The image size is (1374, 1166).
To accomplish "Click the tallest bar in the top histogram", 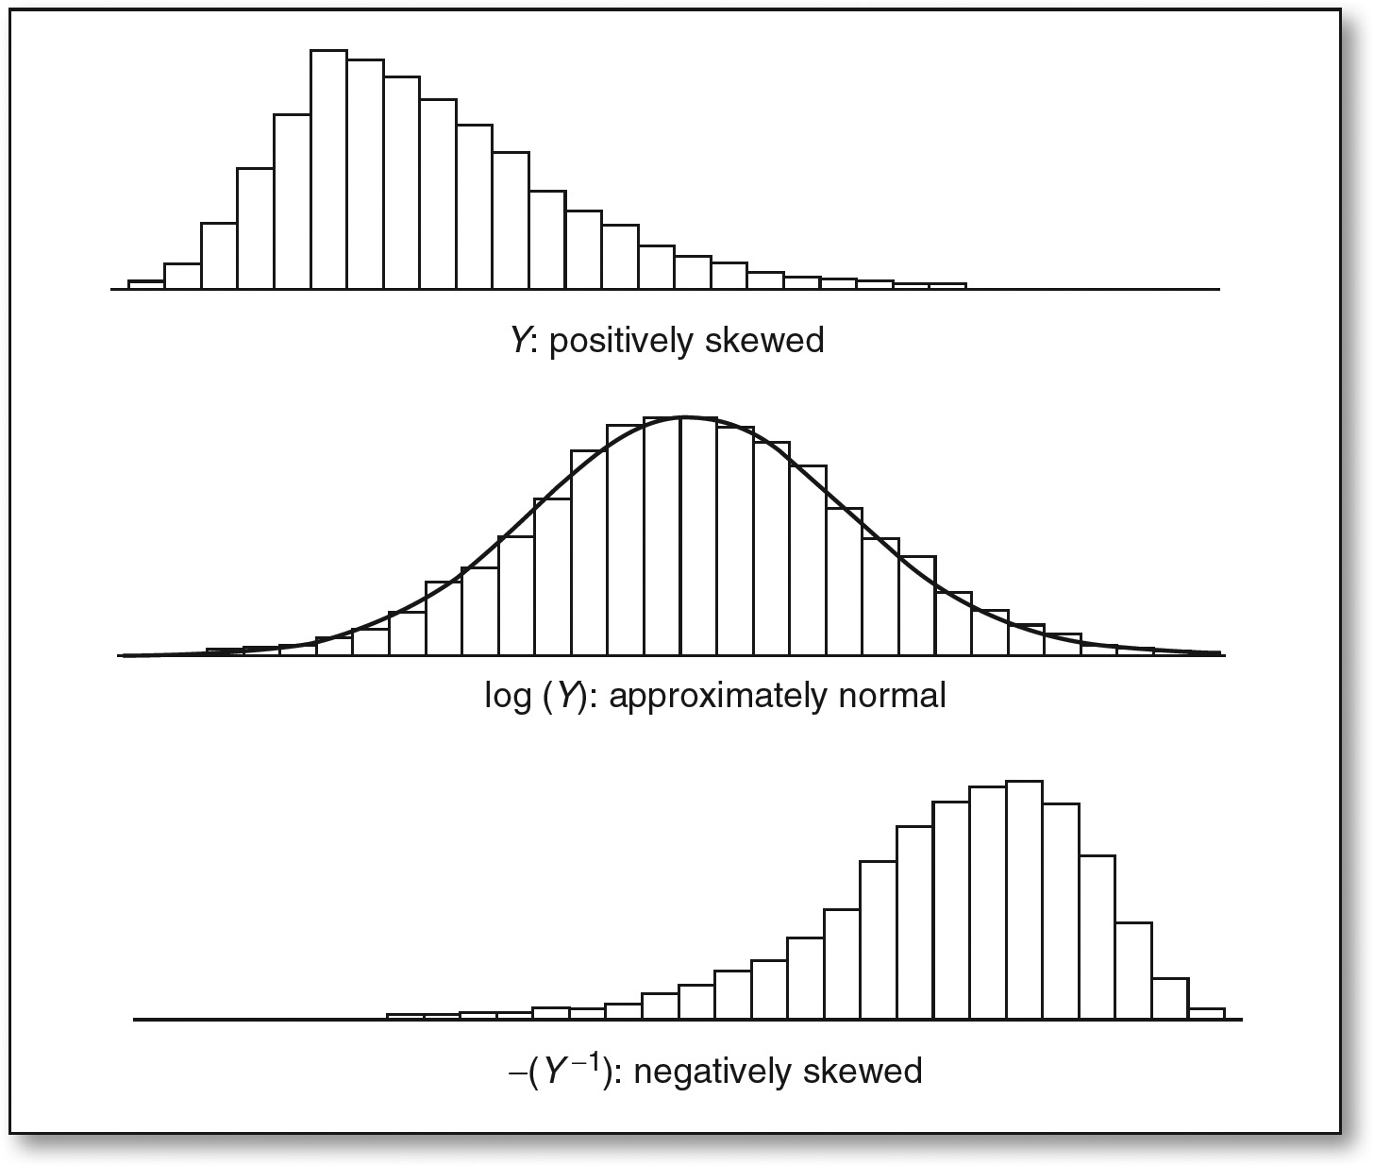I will [x=328, y=170].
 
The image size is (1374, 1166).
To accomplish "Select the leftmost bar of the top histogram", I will [x=146, y=284].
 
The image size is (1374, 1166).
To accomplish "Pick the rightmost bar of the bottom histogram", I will [x=1207, y=1014].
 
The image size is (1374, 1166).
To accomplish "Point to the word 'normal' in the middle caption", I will [x=891, y=696].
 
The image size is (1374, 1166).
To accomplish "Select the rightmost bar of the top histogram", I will [x=947, y=286].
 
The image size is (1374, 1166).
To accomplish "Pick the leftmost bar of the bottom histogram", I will [x=405, y=1017].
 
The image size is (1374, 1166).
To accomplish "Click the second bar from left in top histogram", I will [x=182, y=276].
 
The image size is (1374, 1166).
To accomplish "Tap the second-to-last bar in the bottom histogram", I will [x=1170, y=998].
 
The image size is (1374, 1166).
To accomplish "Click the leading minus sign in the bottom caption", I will [x=514, y=1073].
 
